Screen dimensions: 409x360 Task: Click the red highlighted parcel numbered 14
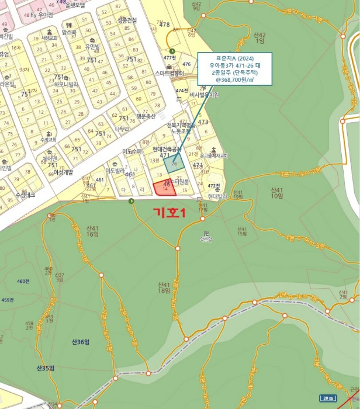coord(164,188)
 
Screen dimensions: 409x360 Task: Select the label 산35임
coord(45,368)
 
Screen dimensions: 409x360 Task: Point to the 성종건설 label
coord(127,20)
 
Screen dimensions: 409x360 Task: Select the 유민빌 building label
coord(94,46)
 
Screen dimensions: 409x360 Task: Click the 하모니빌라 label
coord(65,84)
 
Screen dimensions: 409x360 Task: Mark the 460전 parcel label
coord(23,282)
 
